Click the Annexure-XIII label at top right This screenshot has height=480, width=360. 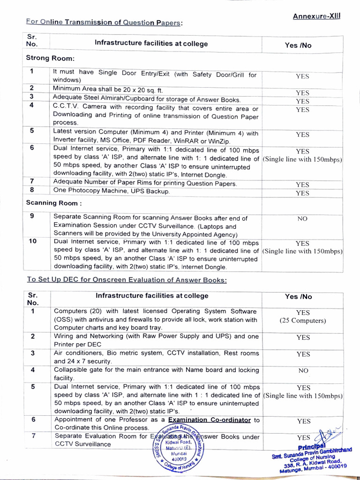[x=317, y=16]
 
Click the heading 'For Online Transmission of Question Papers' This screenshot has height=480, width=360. [x=104, y=22]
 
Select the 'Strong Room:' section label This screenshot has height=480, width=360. [x=50, y=58]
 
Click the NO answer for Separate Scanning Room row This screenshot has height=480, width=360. [x=302, y=218]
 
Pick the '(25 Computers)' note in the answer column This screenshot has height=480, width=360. [x=303, y=321]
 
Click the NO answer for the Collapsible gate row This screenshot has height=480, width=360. [x=303, y=370]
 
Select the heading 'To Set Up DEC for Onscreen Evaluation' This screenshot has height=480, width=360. [x=127, y=280]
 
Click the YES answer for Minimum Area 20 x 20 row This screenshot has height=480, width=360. [x=302, y=93]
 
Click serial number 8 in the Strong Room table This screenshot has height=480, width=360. [x=31, y=190]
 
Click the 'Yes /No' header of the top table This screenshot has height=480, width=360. [x=298, y=45]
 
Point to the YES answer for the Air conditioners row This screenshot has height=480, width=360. [x=303, y=354]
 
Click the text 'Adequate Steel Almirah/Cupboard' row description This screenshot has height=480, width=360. [x=147, y=100]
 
